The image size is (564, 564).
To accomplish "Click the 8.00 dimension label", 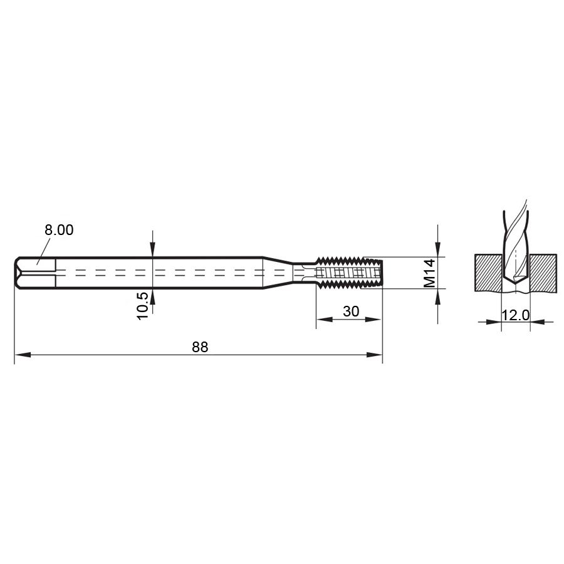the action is coord(59,230).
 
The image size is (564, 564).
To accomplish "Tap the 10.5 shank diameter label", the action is coord(143,305).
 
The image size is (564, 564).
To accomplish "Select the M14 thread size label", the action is coord(429,273).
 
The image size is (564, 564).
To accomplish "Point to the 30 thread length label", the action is coord(351,311).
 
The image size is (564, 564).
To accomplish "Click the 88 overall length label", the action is coord(200,347).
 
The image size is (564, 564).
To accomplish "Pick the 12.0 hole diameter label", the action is coord(516,315).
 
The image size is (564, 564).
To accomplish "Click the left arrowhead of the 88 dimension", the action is coord(23,355).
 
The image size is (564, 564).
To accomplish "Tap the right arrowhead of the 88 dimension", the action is coord(374,355).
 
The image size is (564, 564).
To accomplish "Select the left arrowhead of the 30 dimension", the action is coord(325,320).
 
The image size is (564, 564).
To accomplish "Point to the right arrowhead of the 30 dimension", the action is coord(373,320).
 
